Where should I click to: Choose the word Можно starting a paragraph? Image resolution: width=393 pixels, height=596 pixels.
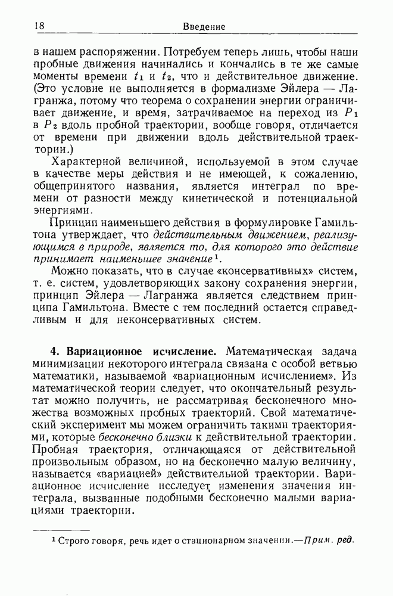[68, 274]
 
